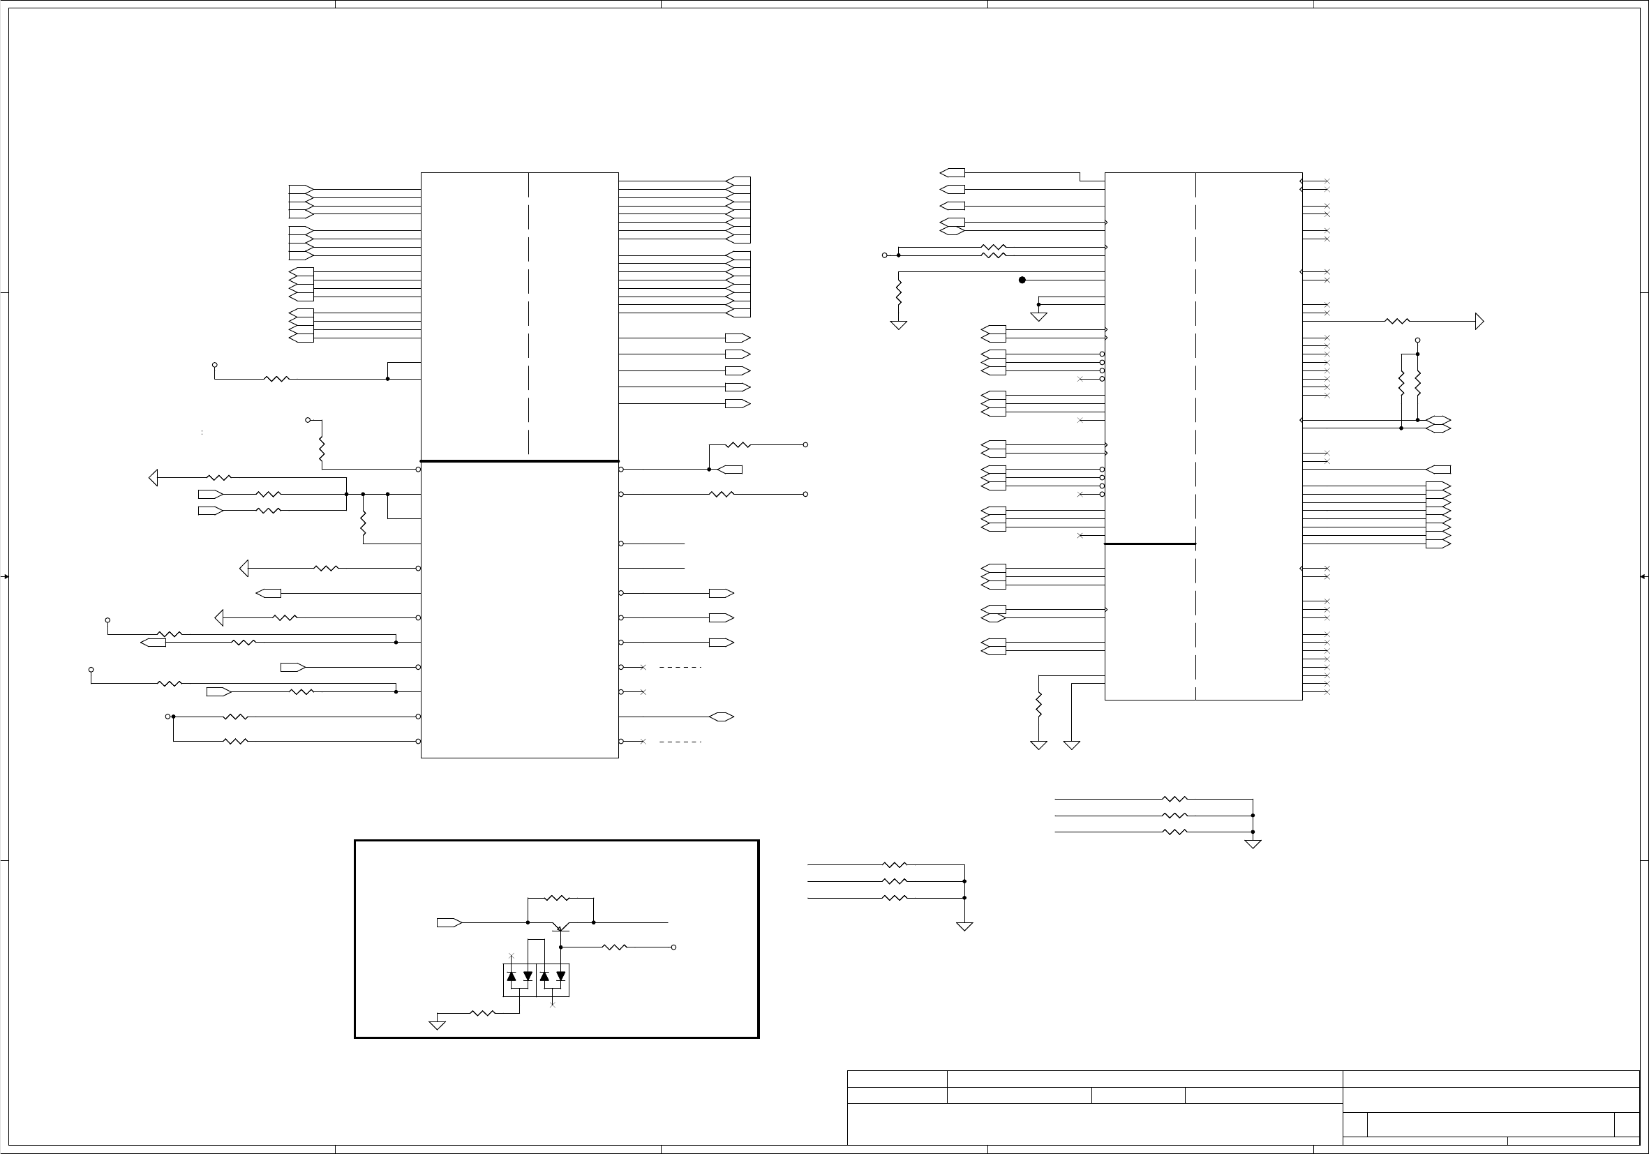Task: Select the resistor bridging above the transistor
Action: coord(558,898)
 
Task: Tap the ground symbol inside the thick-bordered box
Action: coord(437,1026)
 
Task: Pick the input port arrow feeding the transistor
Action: coord(449,923)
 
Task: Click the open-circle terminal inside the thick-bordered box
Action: coord(673,947)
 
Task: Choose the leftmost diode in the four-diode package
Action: coord(512,976)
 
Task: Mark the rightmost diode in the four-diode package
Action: coord(561,976)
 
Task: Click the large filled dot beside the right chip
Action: coord(1022,280)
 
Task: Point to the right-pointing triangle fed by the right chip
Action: coord(1479,321)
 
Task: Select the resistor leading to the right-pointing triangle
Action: coord(1397,321)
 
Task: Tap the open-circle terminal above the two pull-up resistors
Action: coord(1417,340)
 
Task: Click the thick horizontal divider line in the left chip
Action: coord(519,461)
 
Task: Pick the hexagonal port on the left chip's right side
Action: coord(721,717)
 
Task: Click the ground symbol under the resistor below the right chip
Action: coord(1038,745)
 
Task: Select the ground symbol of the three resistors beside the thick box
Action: coord(964,927)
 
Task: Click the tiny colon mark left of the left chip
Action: coord(202,433)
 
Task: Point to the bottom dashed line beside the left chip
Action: coord(680,742)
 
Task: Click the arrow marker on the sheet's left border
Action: coord(4,576)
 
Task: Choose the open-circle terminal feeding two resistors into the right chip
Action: coord(884,255)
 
